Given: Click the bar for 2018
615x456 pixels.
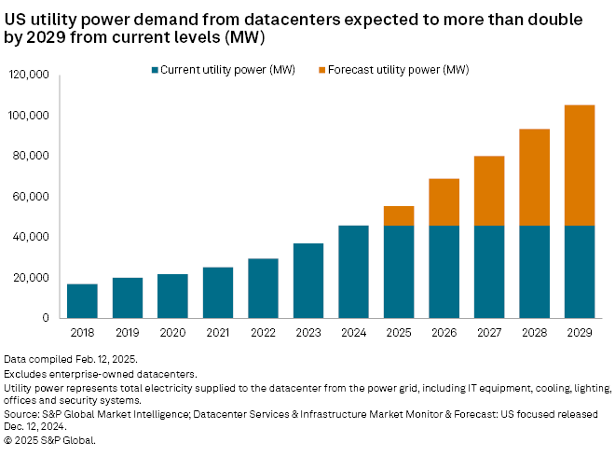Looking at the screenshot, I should [x=82, y=300].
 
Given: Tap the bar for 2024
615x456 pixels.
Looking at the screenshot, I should [x=353, y=271].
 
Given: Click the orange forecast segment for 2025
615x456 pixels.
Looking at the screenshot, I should [x=398, y=215].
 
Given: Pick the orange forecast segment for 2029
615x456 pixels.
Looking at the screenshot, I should [x=580, y=165].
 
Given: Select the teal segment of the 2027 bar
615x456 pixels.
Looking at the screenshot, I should [x=488, y=271].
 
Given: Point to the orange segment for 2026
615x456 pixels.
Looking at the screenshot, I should [x=444, y=201].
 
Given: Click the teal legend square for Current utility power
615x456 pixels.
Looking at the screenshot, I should [x=155, y=70].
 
